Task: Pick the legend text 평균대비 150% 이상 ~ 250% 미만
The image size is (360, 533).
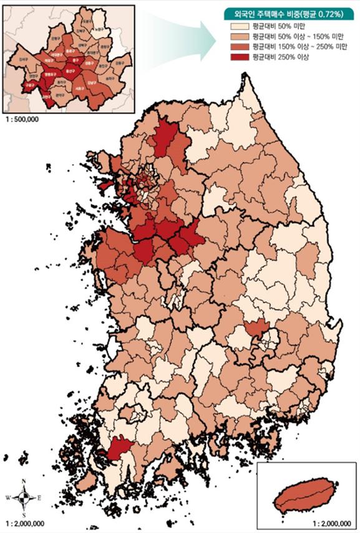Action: coord(296,47)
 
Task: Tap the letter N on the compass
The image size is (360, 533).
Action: coord(24,481)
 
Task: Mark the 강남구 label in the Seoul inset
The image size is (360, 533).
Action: coord(92,82)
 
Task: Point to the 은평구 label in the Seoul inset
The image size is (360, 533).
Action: coord(54,39)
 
